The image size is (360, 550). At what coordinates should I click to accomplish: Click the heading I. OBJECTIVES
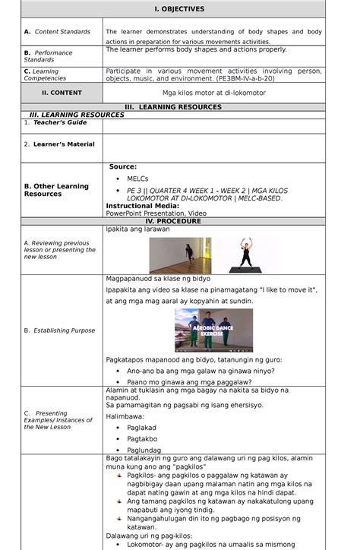pos(180,9)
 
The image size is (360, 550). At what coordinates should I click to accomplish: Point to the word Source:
pos(123,166)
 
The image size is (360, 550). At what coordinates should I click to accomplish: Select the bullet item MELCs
pos(137,179)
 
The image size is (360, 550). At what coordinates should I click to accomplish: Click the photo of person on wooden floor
pos(180,255)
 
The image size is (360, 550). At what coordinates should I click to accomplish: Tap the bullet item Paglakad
pos(142,427)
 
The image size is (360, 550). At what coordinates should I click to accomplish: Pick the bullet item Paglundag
pos(144,450)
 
